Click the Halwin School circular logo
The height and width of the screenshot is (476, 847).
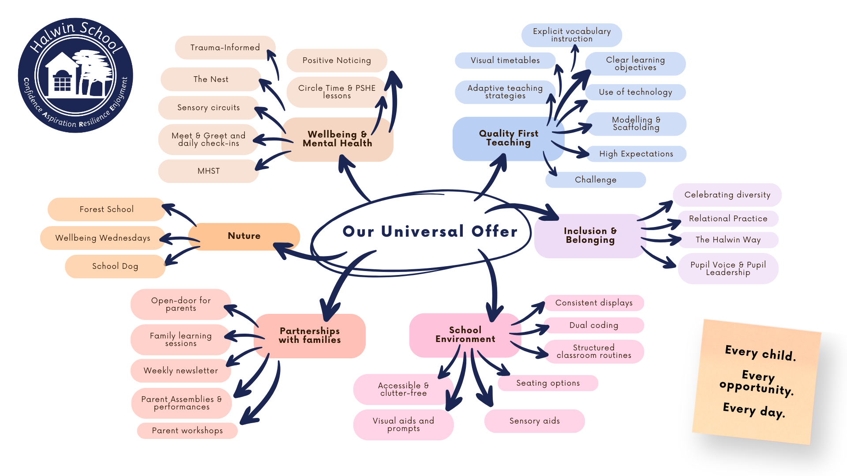point(75,75)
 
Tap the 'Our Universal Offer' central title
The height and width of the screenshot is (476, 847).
point(430,231)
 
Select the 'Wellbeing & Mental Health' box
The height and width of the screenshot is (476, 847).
point(337,139)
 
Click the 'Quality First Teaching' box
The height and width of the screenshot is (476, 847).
point(508,138)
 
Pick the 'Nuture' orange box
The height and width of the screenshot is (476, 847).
point(244,236)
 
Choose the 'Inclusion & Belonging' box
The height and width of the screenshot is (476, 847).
point(590,236)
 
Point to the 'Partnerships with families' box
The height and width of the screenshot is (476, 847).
point(310,335)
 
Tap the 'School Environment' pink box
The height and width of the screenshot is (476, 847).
point(465,335)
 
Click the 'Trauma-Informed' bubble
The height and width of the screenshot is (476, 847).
point(225,48)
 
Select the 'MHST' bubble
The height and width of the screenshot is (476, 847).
point(208,171)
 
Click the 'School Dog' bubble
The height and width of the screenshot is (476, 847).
point(115,266)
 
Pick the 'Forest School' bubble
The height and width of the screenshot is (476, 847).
point(106,209)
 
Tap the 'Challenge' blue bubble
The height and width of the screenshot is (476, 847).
point(596,180)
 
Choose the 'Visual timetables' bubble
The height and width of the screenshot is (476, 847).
point(505,60)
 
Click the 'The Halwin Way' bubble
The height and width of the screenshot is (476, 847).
point(728,240)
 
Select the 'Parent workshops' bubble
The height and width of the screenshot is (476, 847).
point(187,431)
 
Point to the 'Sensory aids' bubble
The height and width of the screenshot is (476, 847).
point(534,421)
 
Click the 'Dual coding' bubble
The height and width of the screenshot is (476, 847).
point(594,325)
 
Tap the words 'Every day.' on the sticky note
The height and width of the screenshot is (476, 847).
point(754,410)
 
